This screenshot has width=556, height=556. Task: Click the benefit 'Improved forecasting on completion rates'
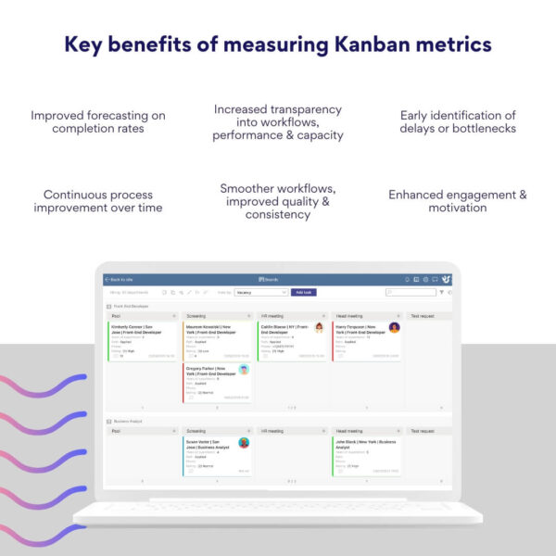pos(97,121)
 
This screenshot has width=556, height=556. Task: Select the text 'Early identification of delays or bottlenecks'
pos(457,121)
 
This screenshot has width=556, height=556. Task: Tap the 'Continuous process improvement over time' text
pos(97,201)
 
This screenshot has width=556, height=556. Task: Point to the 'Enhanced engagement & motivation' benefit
pos(457,201)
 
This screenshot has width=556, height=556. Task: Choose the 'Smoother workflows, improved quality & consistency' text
pos(278,201)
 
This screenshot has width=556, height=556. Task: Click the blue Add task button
pos(302,292)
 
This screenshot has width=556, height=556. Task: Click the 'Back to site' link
pos(120,279)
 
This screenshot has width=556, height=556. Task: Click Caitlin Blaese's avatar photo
pos(319,328)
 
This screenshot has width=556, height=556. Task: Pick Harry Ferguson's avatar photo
pos(394,328)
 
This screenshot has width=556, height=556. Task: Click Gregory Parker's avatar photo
pos(244,370)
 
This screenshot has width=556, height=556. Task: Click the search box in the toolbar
pos(410,292)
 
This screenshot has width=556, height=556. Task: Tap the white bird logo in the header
pos(447,279)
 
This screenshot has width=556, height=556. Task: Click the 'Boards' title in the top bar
pos(270,279)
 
